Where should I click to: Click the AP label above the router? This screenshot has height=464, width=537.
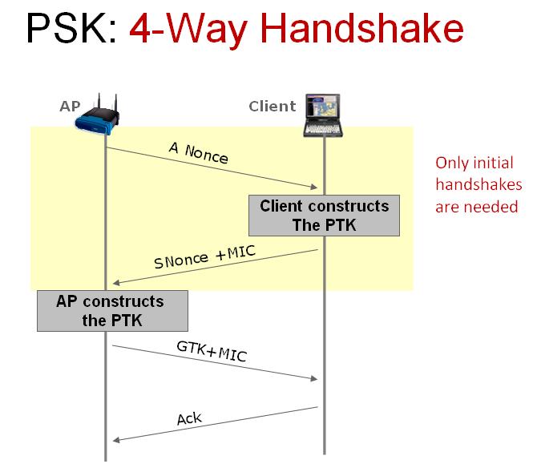pos(70,105)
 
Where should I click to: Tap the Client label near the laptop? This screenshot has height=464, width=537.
pos(273,106)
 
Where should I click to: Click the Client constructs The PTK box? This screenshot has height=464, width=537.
pos(324,216)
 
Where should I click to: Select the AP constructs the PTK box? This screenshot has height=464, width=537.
pos(111,311)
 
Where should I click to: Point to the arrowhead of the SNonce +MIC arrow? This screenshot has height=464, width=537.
pos(117,281)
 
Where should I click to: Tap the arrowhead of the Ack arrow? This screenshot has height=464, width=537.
pos(117,438)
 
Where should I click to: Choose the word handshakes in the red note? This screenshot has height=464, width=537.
pos(478,185)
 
